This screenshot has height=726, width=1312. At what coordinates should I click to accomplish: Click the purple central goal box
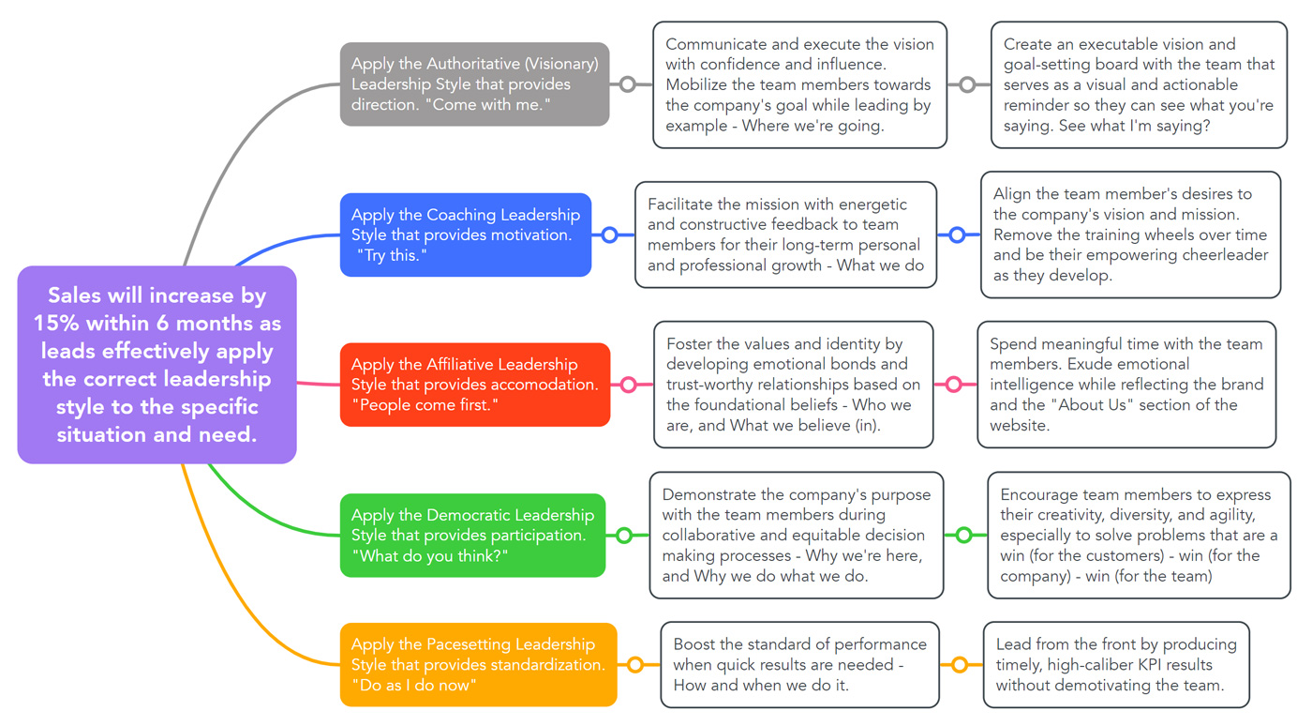click(157, 364)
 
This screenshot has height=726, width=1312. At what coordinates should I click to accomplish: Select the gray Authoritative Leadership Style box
click(474, 83)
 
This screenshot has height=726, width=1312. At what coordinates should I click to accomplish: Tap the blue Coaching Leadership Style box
click(465, 234)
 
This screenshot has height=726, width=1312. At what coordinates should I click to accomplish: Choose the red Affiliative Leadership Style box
click(474, 385)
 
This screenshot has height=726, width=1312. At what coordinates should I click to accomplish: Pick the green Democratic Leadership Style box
click(472, 535)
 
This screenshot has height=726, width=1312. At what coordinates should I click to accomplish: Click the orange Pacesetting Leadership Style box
click(478, 664)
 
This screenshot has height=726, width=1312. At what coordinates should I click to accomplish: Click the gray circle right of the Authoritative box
click(628, 84)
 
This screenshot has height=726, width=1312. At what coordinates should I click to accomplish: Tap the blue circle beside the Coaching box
click(609, 234)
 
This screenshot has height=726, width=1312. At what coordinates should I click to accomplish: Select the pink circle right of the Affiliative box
click(628, 385)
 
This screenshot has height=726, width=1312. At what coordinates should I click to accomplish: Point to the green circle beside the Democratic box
click(623, 536)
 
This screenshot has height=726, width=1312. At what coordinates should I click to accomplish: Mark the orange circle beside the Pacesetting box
click(635, 665)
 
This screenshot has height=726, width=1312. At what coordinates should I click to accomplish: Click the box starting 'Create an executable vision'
click(1139, 84)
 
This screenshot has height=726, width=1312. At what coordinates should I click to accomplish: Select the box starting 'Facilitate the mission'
click(785, 234)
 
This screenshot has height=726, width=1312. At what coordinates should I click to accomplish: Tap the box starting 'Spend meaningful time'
click(1126, 385)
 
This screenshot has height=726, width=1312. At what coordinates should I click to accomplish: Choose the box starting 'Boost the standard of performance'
click(799, 664)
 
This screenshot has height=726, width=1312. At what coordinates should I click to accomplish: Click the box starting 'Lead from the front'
click(1116, 664)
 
